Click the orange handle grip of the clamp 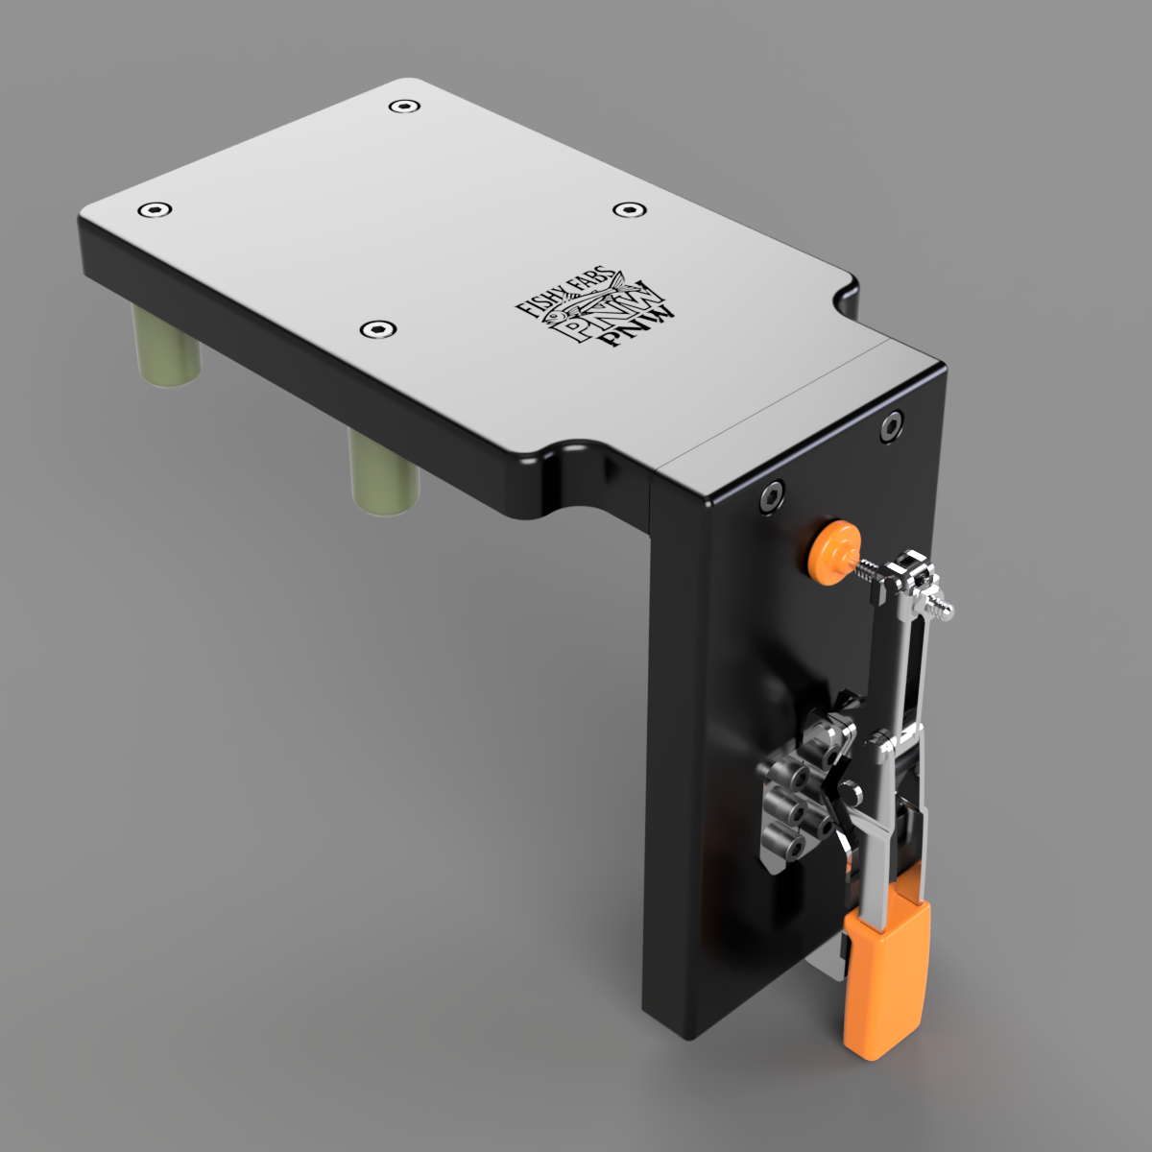[x=886, y=979]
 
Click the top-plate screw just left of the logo [x=376, y=330]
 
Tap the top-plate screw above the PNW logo [x=627, y=209]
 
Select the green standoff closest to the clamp [x=381, y=472]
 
